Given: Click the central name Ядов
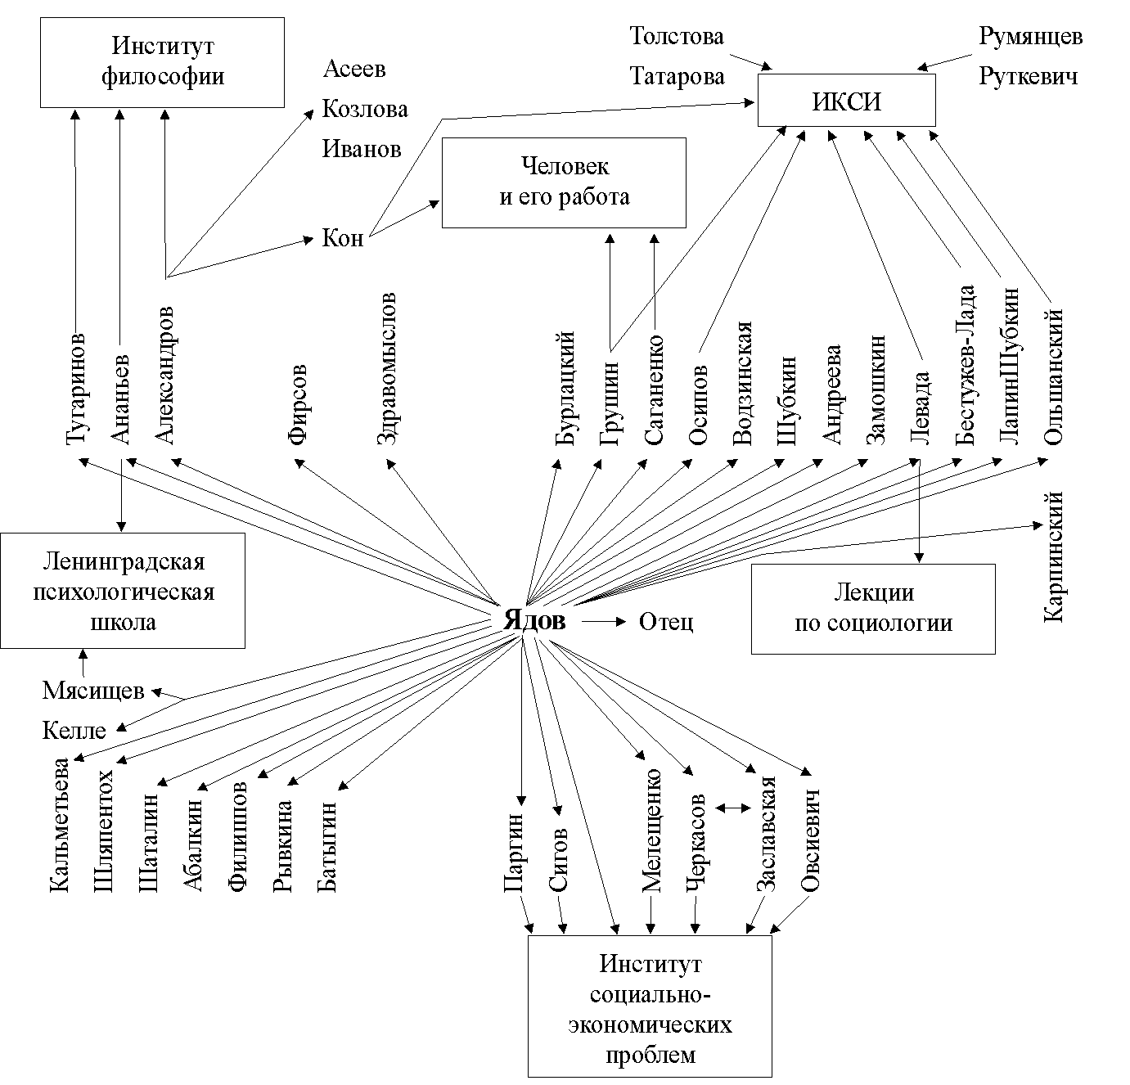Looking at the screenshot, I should click(x=534, y=620).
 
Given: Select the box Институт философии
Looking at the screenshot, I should click(x=163, y=62).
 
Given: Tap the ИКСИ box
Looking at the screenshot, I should click(x=846, y=101).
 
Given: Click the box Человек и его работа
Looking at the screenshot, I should click(x=564, y=182).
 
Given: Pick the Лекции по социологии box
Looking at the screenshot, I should click(x=873, y=608).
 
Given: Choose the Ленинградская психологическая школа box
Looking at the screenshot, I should click(x=123, y=591).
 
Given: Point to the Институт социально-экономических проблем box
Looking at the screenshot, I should click(x=650, y=1006).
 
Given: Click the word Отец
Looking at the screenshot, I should click(x=666, y=622).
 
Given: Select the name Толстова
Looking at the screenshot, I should click(x=677, y=37).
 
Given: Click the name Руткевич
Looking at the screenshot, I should click(x=1029, y=77).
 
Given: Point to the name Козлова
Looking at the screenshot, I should click(x=365, y=109).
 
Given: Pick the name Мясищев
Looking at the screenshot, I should click(x=93, y=691).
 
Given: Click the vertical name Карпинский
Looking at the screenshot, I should click(x=1053, y=556).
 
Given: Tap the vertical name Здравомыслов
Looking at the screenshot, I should click(x=387, y=368).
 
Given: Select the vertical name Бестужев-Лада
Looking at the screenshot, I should click(x=966, y=364).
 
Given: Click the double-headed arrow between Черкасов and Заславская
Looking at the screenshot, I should click(x=733, y=808).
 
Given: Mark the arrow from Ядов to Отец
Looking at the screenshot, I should click(x=603, y=622).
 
